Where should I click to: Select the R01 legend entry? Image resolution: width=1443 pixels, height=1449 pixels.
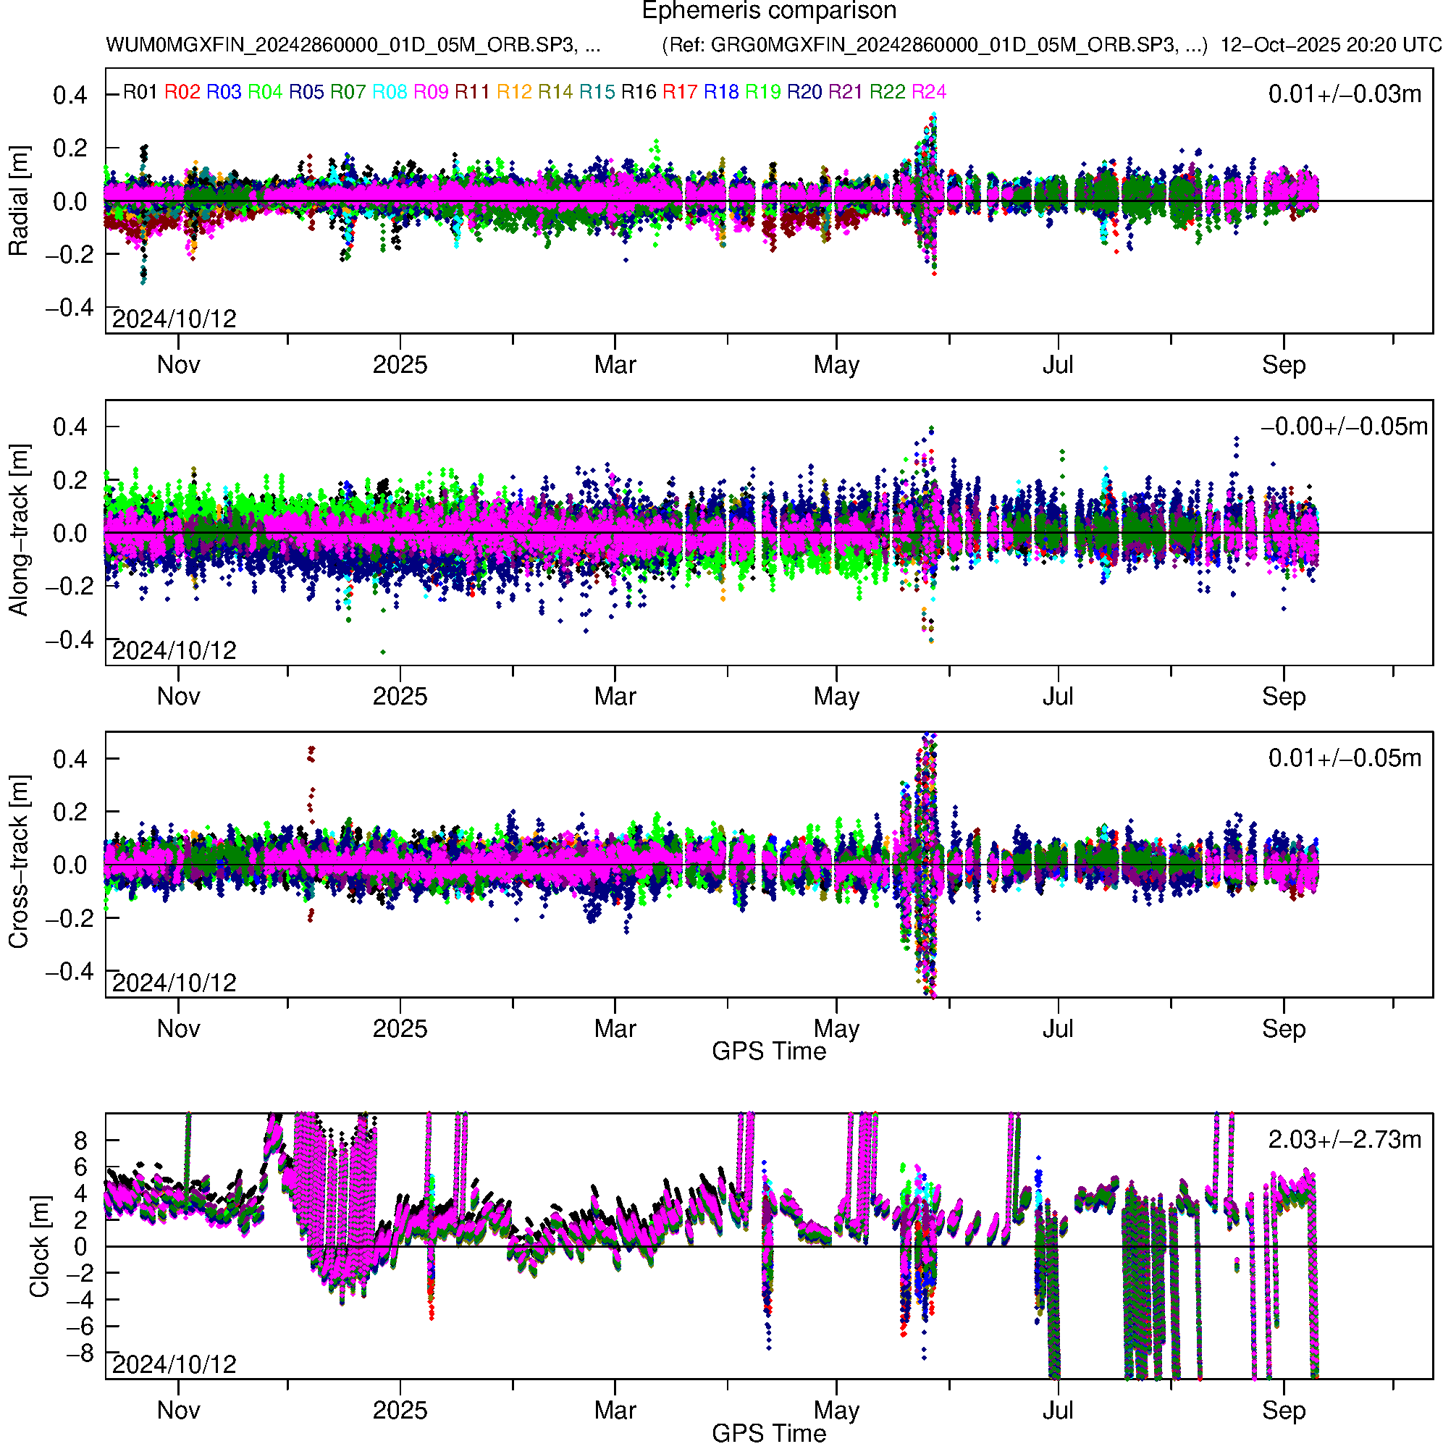click(140, 92)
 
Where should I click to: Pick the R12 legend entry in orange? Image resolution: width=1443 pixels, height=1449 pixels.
click(514, 92)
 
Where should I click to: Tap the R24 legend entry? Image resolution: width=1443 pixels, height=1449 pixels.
click(928, 92)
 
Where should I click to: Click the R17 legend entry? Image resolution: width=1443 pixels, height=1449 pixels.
click(679, 92)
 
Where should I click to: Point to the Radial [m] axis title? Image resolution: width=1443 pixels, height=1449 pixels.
click(18, 201)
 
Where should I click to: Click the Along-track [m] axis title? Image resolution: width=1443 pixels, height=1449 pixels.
click(18, 531)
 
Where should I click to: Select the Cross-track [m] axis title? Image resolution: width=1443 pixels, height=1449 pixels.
click(18, 862)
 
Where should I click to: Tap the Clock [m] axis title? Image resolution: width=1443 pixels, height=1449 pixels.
click(39, 1246)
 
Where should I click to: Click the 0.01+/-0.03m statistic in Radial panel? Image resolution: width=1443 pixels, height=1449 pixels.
click(1344, 94)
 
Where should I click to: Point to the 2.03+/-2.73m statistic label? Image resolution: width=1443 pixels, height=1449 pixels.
click(1344, 1140)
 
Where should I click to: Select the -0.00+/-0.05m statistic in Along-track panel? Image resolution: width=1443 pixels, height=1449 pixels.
click(1344, 427)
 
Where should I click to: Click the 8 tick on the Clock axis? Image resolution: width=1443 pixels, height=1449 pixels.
click(80, 1141)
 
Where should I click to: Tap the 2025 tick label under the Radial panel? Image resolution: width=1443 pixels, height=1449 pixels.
click(400, 365)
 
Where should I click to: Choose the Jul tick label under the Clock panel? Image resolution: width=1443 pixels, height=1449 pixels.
click(1058, 1411)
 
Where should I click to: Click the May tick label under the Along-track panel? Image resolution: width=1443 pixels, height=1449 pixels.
click(836, 697)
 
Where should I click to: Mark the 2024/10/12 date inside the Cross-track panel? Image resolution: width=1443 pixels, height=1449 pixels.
click(174, 983)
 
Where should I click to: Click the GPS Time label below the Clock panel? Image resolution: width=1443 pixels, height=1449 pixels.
click(769, 1433)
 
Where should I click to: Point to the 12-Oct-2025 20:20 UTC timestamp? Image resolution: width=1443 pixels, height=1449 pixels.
click(1330, 45)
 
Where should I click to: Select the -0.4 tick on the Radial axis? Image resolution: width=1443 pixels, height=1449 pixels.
click(70, 308)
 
